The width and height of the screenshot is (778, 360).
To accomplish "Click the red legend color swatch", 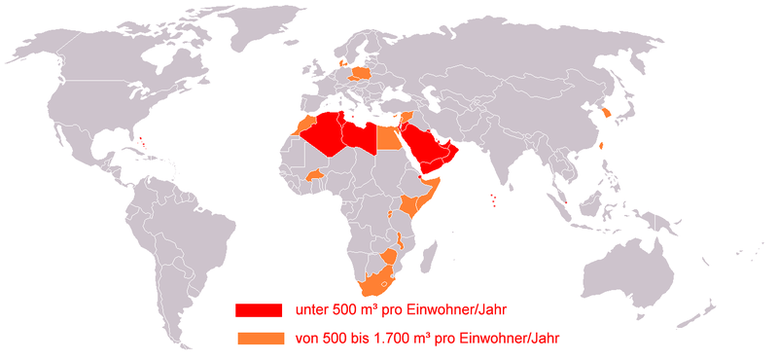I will [x=258, y=309].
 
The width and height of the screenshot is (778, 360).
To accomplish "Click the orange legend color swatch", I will [x=258, y=338].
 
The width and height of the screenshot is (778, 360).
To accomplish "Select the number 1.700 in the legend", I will [x=397, y=338].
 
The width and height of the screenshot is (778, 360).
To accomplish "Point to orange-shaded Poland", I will [x=361, y=73].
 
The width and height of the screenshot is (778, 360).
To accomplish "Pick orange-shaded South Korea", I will [x=607, y=113].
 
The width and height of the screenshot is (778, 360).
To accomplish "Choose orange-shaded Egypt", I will [x=388, y=138].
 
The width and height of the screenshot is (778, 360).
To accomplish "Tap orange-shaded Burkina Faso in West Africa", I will [x=315, y=176].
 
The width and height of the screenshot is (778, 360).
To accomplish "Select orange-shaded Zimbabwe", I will [x=388, y=257].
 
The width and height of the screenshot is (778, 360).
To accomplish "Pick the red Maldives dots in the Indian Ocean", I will [x=494, y=199].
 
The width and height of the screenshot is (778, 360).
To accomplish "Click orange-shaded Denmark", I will [x=341, y=63].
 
